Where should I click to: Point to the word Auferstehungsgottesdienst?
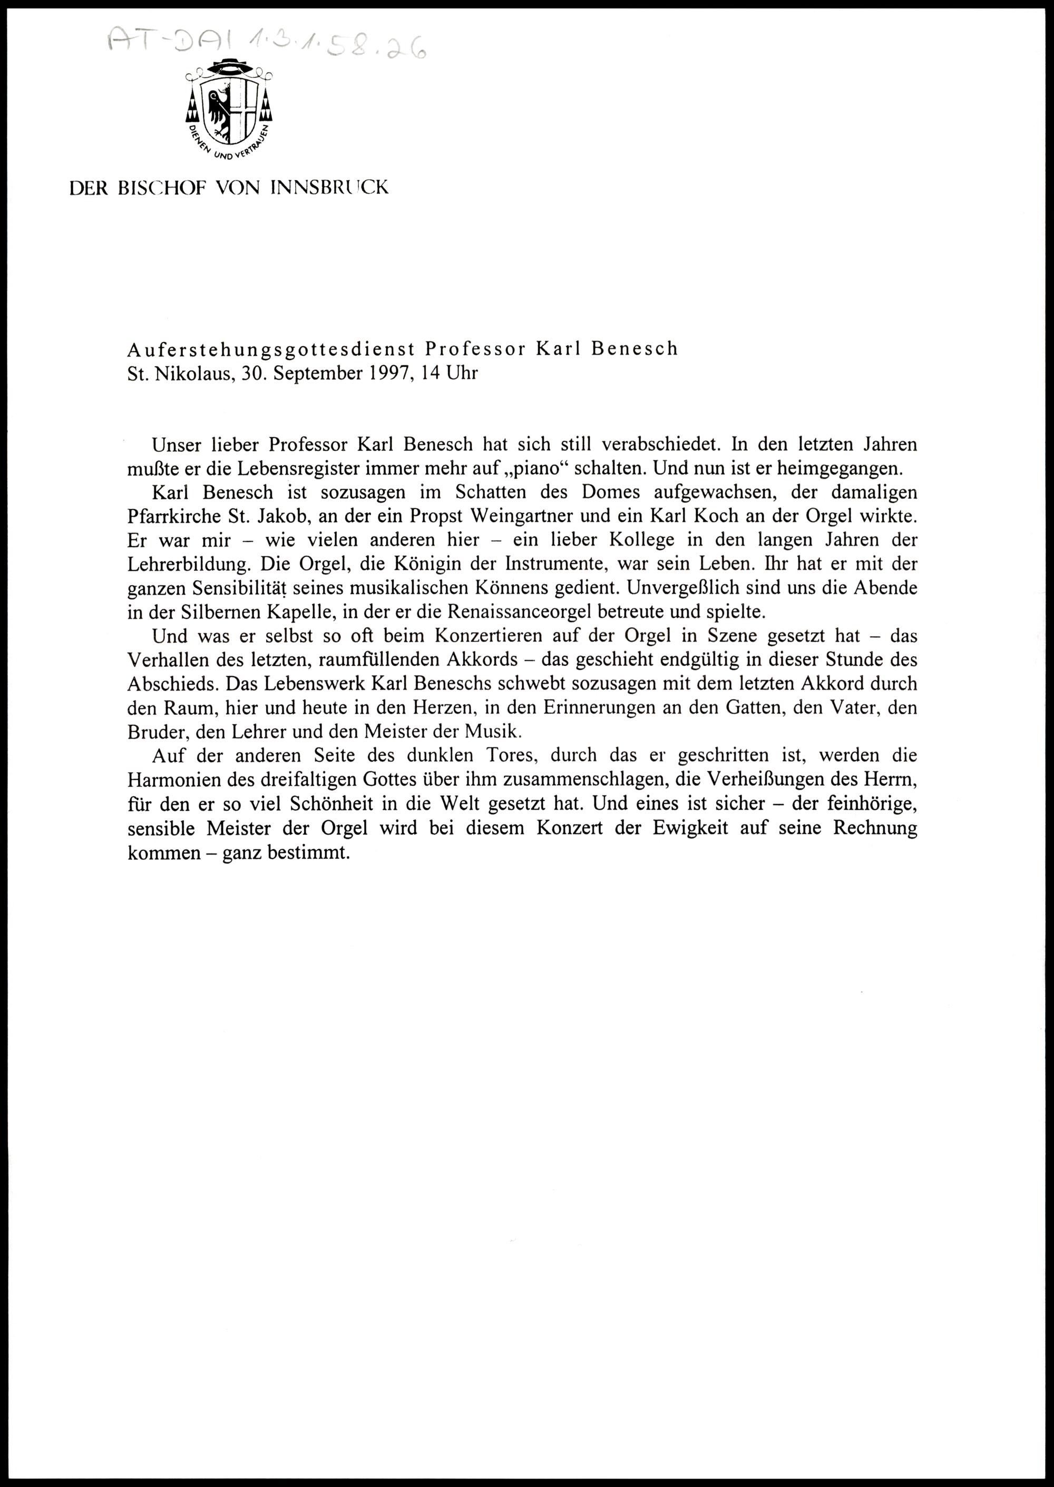tap(271, 348)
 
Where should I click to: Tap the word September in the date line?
tap(314, 374)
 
